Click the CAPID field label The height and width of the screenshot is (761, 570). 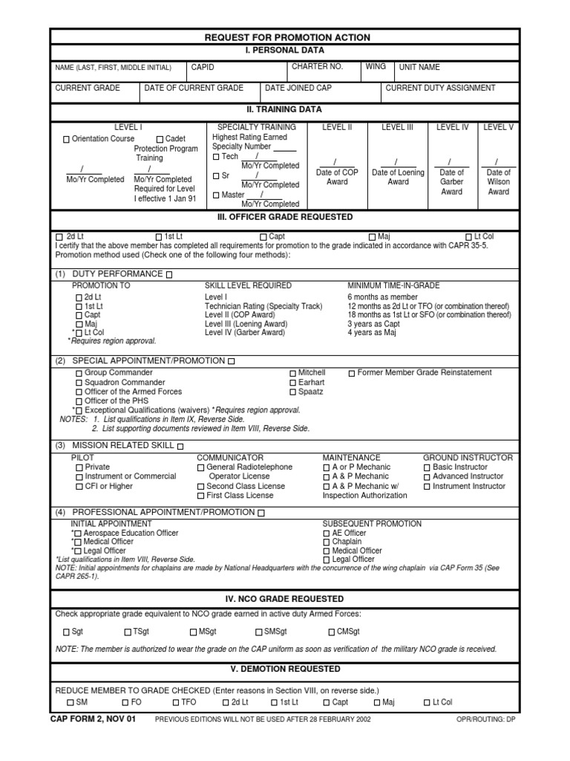point(203,67)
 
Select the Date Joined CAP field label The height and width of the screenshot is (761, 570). point(298,88)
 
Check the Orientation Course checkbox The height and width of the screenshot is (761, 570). point(67,139)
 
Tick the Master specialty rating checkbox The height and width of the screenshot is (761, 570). point(216,195)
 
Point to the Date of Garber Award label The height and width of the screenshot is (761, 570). point(451,182)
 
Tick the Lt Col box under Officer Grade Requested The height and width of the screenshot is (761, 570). point(469,237)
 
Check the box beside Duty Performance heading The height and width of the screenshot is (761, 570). point(169,275)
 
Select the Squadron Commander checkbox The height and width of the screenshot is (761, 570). point(79,383)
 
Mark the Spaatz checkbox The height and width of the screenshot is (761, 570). point(292,392)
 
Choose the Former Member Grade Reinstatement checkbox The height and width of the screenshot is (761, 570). point(352,373)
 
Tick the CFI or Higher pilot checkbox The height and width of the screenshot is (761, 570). point(79,487)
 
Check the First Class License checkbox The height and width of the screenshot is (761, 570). point(200,496)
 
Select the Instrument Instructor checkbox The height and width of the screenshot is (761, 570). point(427,487)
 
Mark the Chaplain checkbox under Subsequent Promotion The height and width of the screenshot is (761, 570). point(327,543)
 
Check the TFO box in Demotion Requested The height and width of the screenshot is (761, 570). point(176,702)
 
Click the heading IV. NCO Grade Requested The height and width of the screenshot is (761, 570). point(286,598)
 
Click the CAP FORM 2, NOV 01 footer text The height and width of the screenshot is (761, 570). point(93,719)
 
